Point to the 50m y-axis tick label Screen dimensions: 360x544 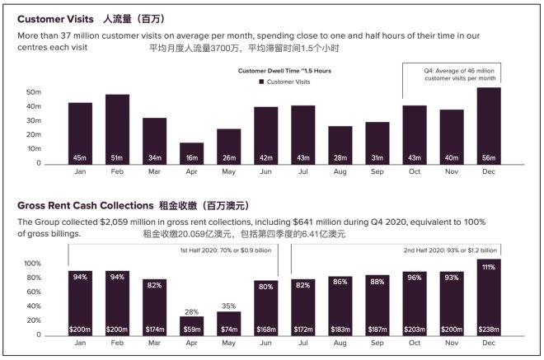point(33,92)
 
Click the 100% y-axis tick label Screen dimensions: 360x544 point(30,264)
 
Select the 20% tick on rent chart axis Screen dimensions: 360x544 point(33,321)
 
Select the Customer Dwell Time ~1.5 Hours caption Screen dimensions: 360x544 point(284,72)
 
